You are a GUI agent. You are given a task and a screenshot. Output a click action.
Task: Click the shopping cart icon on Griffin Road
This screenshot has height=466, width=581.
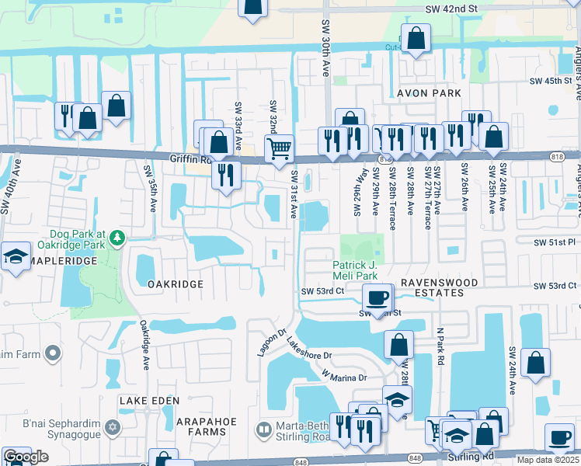(279, 147)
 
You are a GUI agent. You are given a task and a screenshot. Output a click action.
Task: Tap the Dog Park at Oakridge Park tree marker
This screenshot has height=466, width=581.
(117, 237)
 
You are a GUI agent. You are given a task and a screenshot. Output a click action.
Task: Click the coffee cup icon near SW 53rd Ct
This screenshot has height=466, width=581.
(377, 297)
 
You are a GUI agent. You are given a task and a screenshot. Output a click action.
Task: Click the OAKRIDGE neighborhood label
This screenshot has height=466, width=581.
(175, 284)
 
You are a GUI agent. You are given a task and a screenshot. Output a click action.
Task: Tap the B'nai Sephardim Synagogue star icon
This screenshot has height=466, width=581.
(113, 427)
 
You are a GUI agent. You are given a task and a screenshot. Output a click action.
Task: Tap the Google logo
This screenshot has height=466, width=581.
(26, 457)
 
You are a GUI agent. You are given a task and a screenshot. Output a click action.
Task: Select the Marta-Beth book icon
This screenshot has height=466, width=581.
(264, 429)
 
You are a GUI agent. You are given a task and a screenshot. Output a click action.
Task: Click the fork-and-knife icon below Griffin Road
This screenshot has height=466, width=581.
(225, 174)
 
